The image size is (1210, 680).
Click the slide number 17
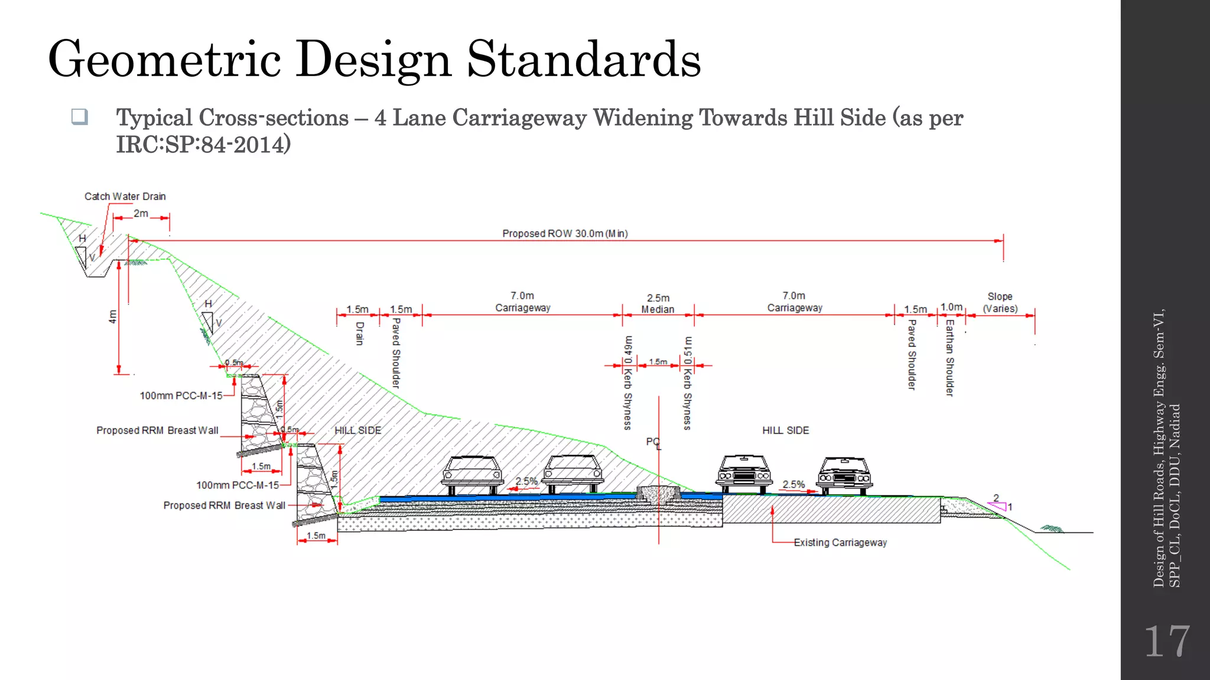coord(1166,642)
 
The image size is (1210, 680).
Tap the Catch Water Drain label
coord(125,197)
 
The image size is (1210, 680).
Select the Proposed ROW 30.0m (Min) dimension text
coord(565,234)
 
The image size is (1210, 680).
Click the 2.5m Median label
coord(658,303)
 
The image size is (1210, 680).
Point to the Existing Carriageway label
coord(840,542)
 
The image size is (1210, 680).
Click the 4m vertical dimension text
coord(113,316)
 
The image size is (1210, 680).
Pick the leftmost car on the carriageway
coord(472,475)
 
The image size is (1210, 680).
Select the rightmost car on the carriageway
coord(844,475)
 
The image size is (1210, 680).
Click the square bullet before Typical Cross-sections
coord(80,116)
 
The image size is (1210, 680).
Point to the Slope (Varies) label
coord(1000,302)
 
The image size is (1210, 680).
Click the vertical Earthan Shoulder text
coord(949,358)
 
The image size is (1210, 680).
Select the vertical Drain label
coord(360,334)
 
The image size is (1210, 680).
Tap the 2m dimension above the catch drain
coord(141,214)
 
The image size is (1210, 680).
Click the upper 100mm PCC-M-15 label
coord(181,395)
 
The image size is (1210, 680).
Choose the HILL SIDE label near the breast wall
coord(357,431)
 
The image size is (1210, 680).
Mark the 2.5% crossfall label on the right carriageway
coord(793,485)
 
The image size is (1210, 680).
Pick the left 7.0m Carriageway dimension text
coord(522,302)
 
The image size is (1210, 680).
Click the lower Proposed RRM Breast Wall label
coord(224,506)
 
